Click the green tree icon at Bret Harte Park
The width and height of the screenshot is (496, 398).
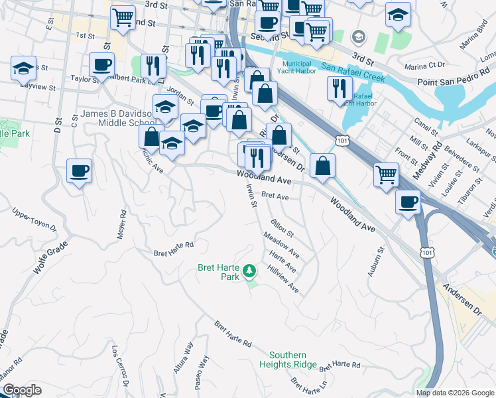click(249, 270)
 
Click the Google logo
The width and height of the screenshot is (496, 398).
click(22, 390)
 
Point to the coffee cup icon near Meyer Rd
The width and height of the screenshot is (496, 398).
click(79, 172)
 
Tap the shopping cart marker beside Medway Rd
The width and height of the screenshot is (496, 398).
click(386, 174)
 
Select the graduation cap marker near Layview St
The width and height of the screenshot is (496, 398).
click(24, 68)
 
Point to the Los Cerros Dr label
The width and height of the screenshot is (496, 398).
click(119, 365)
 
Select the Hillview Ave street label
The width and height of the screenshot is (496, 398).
click(283, 281)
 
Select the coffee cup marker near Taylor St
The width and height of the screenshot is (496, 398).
click(103, 65)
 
